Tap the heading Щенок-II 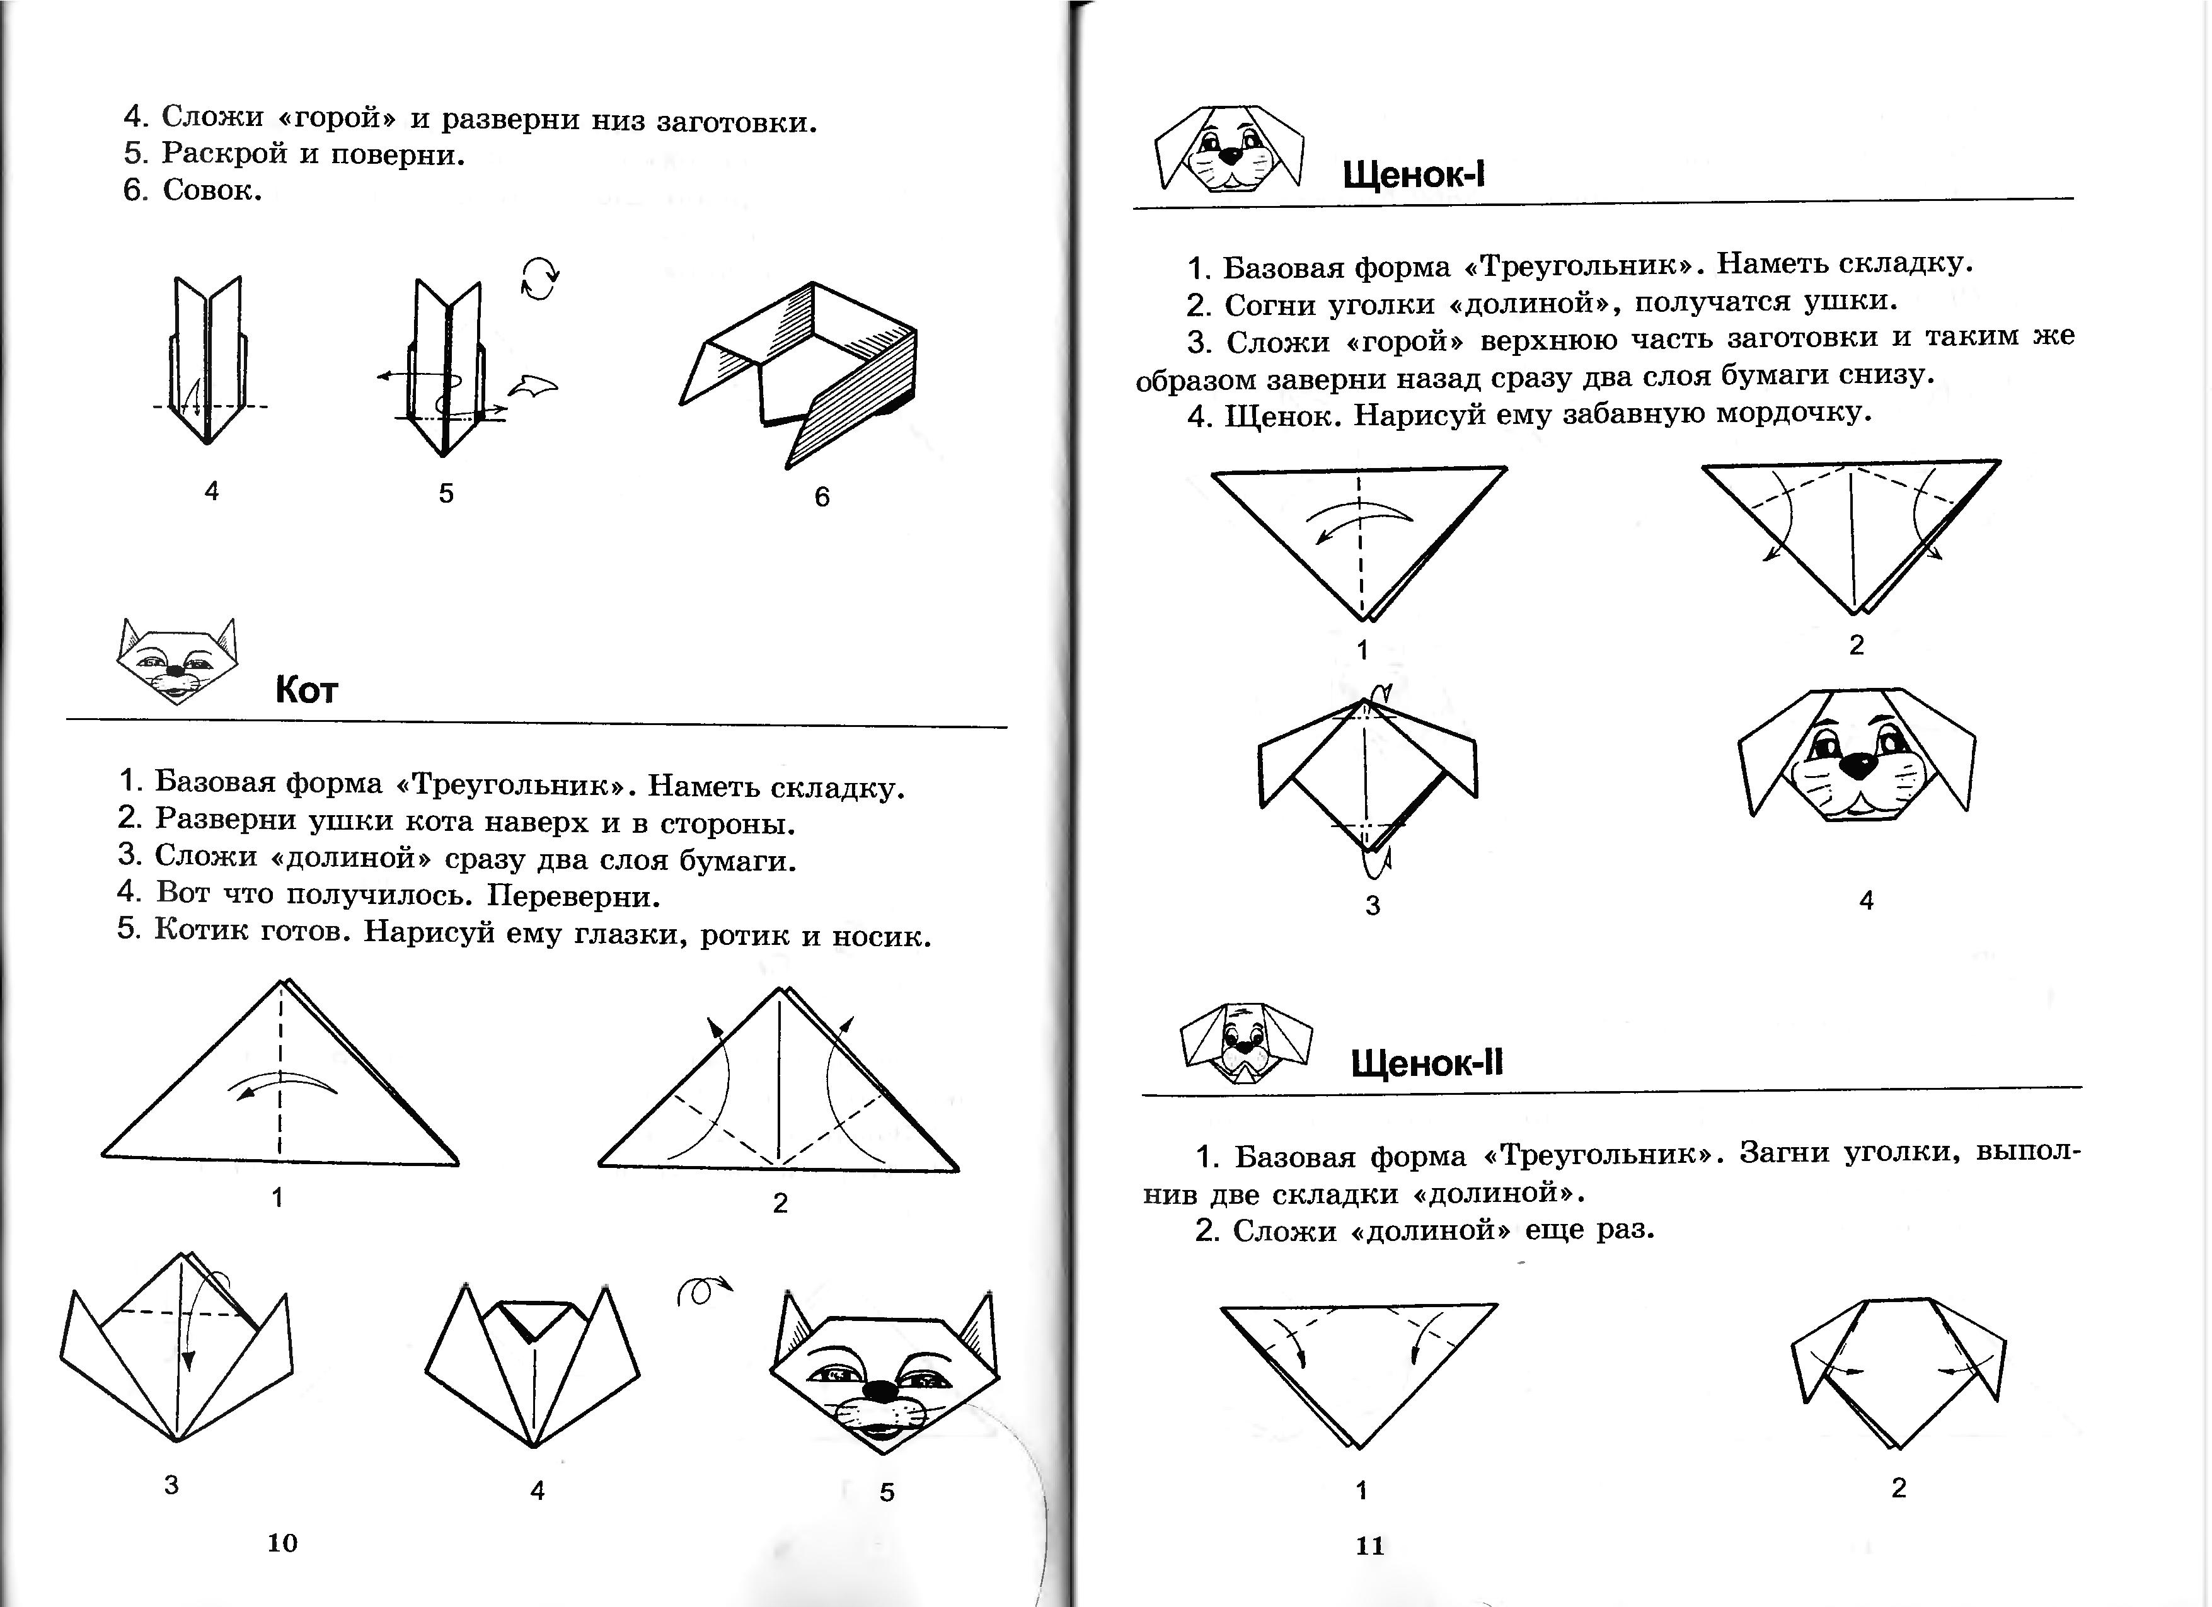[1426, 1063]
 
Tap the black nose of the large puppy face [1858, 765]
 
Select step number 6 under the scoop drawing [822, 497]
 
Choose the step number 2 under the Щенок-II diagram [1898, 1488]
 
